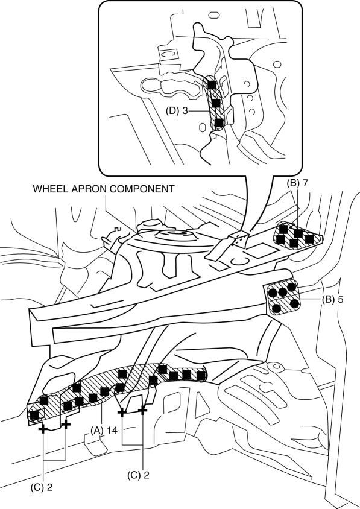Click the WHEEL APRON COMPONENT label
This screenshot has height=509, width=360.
104,189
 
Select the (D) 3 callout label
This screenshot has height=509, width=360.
177,111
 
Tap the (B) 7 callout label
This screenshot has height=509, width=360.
297,183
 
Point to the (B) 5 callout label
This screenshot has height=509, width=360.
332,300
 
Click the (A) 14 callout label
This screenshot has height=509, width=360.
104,430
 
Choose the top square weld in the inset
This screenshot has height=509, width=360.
212,85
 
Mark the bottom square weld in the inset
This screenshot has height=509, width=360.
219,122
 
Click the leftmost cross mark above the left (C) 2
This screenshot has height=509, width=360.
43,429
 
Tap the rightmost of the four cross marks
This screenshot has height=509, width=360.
142,410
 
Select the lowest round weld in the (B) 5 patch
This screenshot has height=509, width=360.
277,308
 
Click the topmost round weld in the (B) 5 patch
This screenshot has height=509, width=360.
292,287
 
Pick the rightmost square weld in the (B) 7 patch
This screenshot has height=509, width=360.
309,239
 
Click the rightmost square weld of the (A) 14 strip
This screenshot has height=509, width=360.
201,376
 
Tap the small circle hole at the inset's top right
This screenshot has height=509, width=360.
277,65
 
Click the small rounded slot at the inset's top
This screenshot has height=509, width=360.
213,15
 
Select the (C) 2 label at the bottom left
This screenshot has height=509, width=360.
41,487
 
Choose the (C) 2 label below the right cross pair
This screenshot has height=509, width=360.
139,475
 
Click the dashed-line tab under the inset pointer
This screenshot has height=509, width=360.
238,239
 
